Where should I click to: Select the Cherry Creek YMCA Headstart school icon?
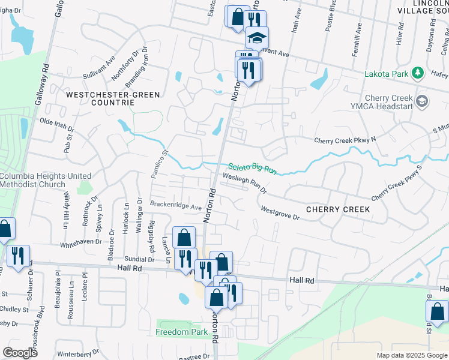pos(423,100)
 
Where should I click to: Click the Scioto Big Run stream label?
pos(252,169)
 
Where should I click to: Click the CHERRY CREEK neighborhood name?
pos(337,209)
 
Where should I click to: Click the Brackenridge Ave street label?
pos(175,206)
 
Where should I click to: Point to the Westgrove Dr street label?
pos(280,212)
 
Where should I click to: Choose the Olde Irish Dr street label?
pos(56,124)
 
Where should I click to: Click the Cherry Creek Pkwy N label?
pos(345,140)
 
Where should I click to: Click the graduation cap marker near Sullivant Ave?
pos(257,38)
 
